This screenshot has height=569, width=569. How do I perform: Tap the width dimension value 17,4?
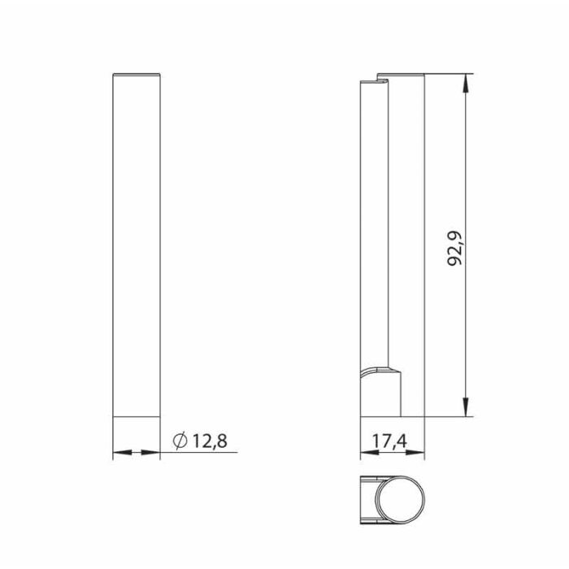point(391,441)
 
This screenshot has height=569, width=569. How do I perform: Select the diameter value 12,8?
point(210,441)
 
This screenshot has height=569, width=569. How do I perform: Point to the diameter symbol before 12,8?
point(181,441)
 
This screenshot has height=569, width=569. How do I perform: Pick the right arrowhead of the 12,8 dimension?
point(154,452)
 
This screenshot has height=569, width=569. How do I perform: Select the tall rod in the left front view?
point(136,244)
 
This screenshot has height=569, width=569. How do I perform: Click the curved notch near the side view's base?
point(379,372)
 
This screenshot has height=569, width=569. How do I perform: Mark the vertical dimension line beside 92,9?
point(466,163)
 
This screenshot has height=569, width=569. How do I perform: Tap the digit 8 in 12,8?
point(222,441)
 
